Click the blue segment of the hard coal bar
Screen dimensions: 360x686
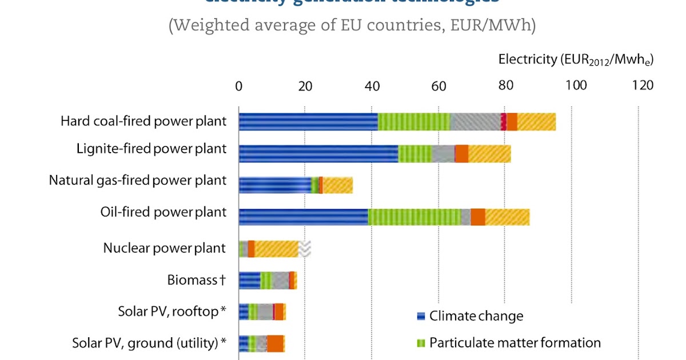308,122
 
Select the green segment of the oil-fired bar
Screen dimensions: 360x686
414,217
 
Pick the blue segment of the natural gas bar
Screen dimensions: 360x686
274,185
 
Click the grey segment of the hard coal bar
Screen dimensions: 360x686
475,122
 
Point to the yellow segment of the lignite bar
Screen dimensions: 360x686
489,154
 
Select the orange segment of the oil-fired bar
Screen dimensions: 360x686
478,217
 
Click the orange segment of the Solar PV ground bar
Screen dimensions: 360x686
275,344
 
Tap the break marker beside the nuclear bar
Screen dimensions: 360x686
305,249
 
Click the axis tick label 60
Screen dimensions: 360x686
438,86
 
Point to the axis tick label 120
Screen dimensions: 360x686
643,86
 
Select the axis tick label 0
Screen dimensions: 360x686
239,86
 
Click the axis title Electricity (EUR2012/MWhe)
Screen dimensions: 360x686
576,59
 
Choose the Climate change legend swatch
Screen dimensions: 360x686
421,316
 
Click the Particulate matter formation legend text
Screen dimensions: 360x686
514,343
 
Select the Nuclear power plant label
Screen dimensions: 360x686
165,249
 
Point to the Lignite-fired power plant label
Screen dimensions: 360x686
151,149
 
